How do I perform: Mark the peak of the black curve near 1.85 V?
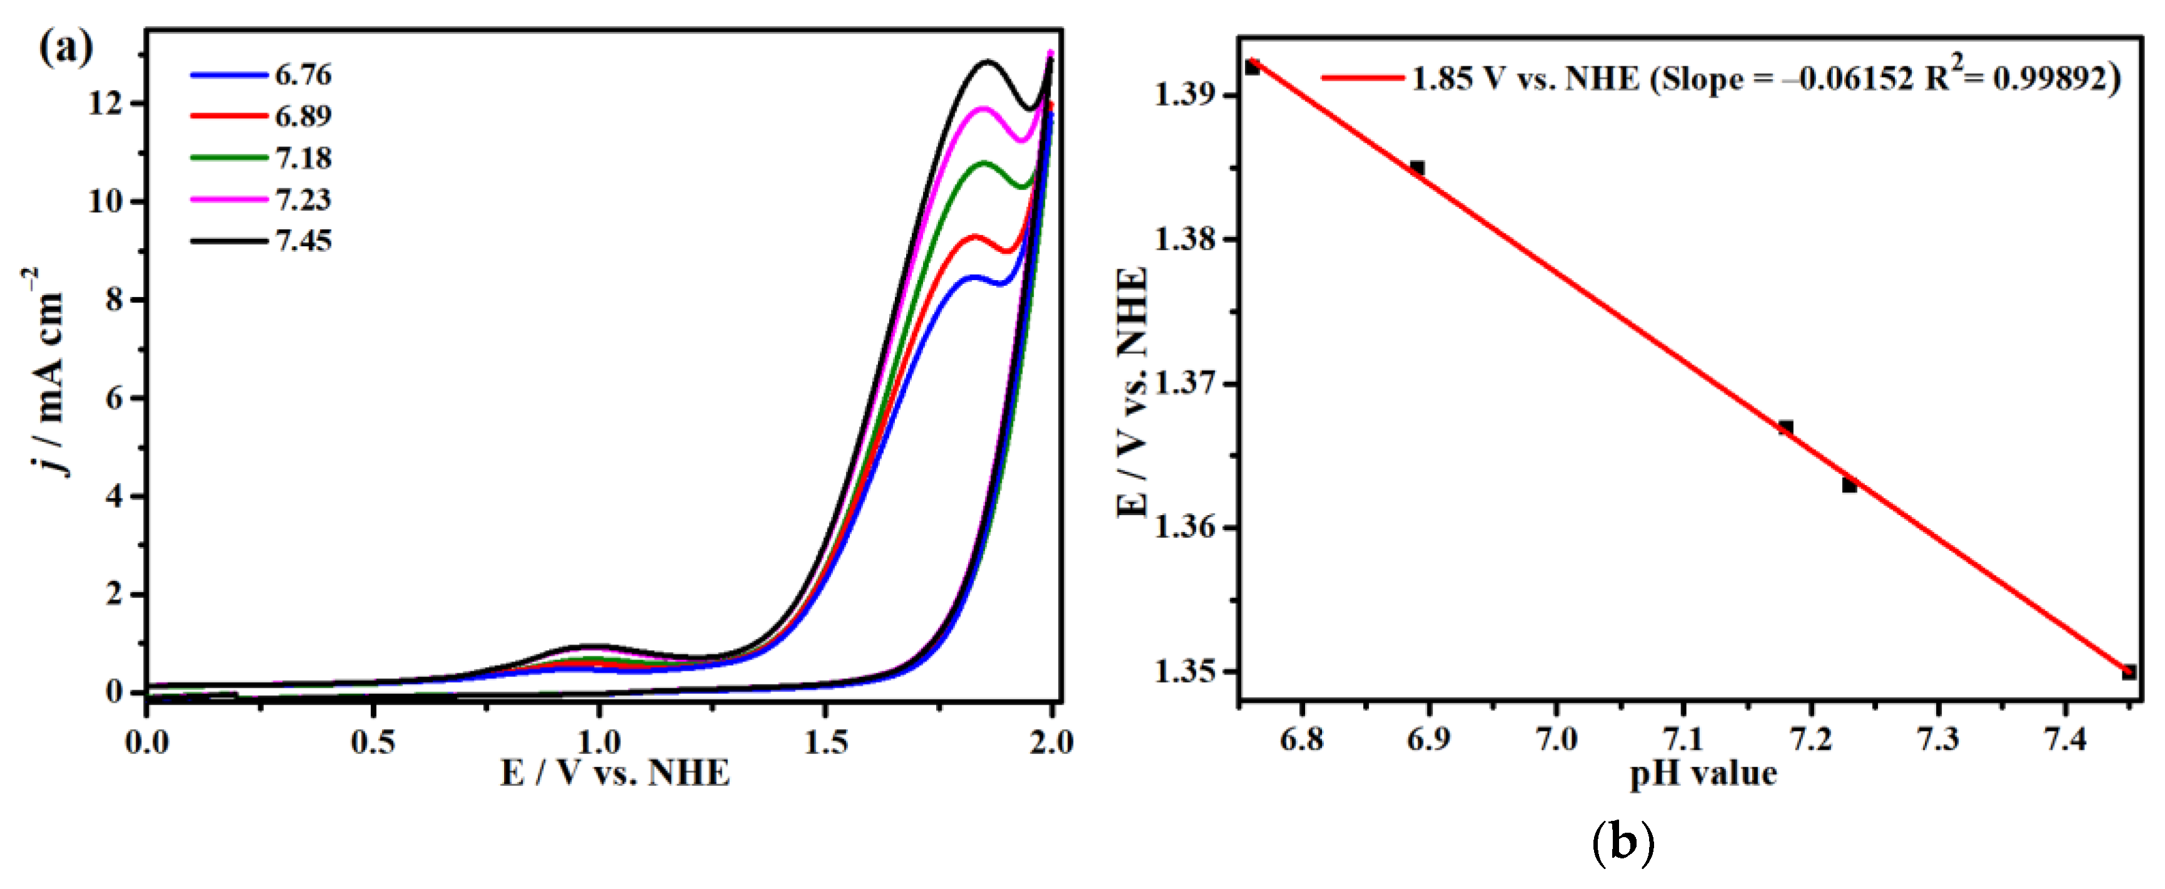tap(987, 61)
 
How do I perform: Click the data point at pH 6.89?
tap(1417, 168)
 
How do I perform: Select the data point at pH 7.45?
tap(2129, 671)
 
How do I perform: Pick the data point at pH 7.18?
tap(1786, 428)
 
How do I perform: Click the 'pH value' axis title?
tap(1703, 773)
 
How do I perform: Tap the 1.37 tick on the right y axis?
tap(1185, 384)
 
